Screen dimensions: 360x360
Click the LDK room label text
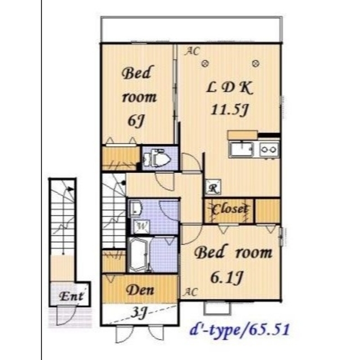pyautogui.click(x=229, y=88)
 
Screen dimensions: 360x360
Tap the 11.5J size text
pyautogui.click(x=229, y=110)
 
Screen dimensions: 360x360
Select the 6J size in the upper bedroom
pyautogui.click(x=136, y=120)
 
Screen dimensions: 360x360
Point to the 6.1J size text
pyautogui.click(x=226, y=277)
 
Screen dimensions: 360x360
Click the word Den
pyautogui.click(x=140, y=290)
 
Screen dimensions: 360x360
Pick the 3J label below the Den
pyautogui.click(x=139, y=313)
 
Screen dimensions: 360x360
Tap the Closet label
pyautogui.click(x=230, y=209)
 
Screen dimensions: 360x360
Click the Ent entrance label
pyautogui.click(x=71, y=296)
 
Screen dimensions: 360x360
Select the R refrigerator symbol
pyautogui.click(x=213, y=187)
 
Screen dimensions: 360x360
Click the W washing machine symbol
pyautogui.click(x=142, y=226)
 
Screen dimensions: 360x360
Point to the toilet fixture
pyautogui.click(x=157, y=157)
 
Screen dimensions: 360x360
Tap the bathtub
pyautogui.click(x=139, y=254)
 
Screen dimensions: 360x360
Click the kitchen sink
pyautogui.click(x=241, y=150)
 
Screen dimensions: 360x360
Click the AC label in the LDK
pyautogui.click(x=193, y=51)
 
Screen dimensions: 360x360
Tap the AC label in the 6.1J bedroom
pyautogui.click(x=190, y=292)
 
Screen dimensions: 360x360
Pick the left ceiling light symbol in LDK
pyautogui.click(x=205, y=63)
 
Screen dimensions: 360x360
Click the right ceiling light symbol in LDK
pyautogui.click(x=256, y=63)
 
